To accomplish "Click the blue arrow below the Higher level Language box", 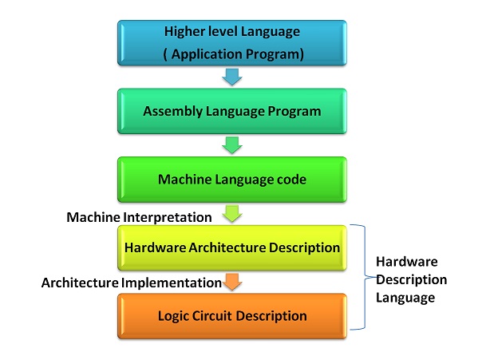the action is (x=232, y=77).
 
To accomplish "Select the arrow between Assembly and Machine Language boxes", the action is (x=232, y=145).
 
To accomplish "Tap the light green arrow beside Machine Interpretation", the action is (x=232, y=213).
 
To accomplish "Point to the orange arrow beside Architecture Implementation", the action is (x=232, y=282).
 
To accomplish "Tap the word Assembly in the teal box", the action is (x=172, y=112).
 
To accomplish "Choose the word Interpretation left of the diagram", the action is (x=168, y=217).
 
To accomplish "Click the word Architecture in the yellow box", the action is (x=227, y=247).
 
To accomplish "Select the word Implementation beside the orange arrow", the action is (x=172, y=283).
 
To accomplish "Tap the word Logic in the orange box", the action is (x=173, y=316).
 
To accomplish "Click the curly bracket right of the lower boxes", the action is (x=365, y=277).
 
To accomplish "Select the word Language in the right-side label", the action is (x=405, y=298).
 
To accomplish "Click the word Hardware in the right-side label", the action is (x=406, y=262).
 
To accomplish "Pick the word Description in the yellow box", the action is (x=304, y=247).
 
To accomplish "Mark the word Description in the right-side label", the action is (x=411, y=280).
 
